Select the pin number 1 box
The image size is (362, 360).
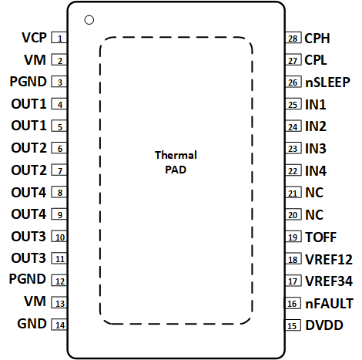59,38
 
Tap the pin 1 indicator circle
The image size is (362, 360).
89,19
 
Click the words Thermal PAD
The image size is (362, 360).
176,162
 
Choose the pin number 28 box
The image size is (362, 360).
293,38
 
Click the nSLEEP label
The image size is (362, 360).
326,82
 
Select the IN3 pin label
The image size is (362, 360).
316,148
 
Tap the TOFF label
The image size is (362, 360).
320,237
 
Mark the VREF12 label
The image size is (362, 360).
327,259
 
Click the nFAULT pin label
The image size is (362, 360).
327,303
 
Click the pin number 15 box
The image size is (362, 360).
293,326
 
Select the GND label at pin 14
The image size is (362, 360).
32,325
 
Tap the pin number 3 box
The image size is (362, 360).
59,82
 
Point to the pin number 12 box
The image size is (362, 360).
59,281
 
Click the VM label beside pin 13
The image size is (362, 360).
35,303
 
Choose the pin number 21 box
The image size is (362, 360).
293,193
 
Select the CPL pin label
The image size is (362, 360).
317,59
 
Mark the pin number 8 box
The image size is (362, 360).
59,193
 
